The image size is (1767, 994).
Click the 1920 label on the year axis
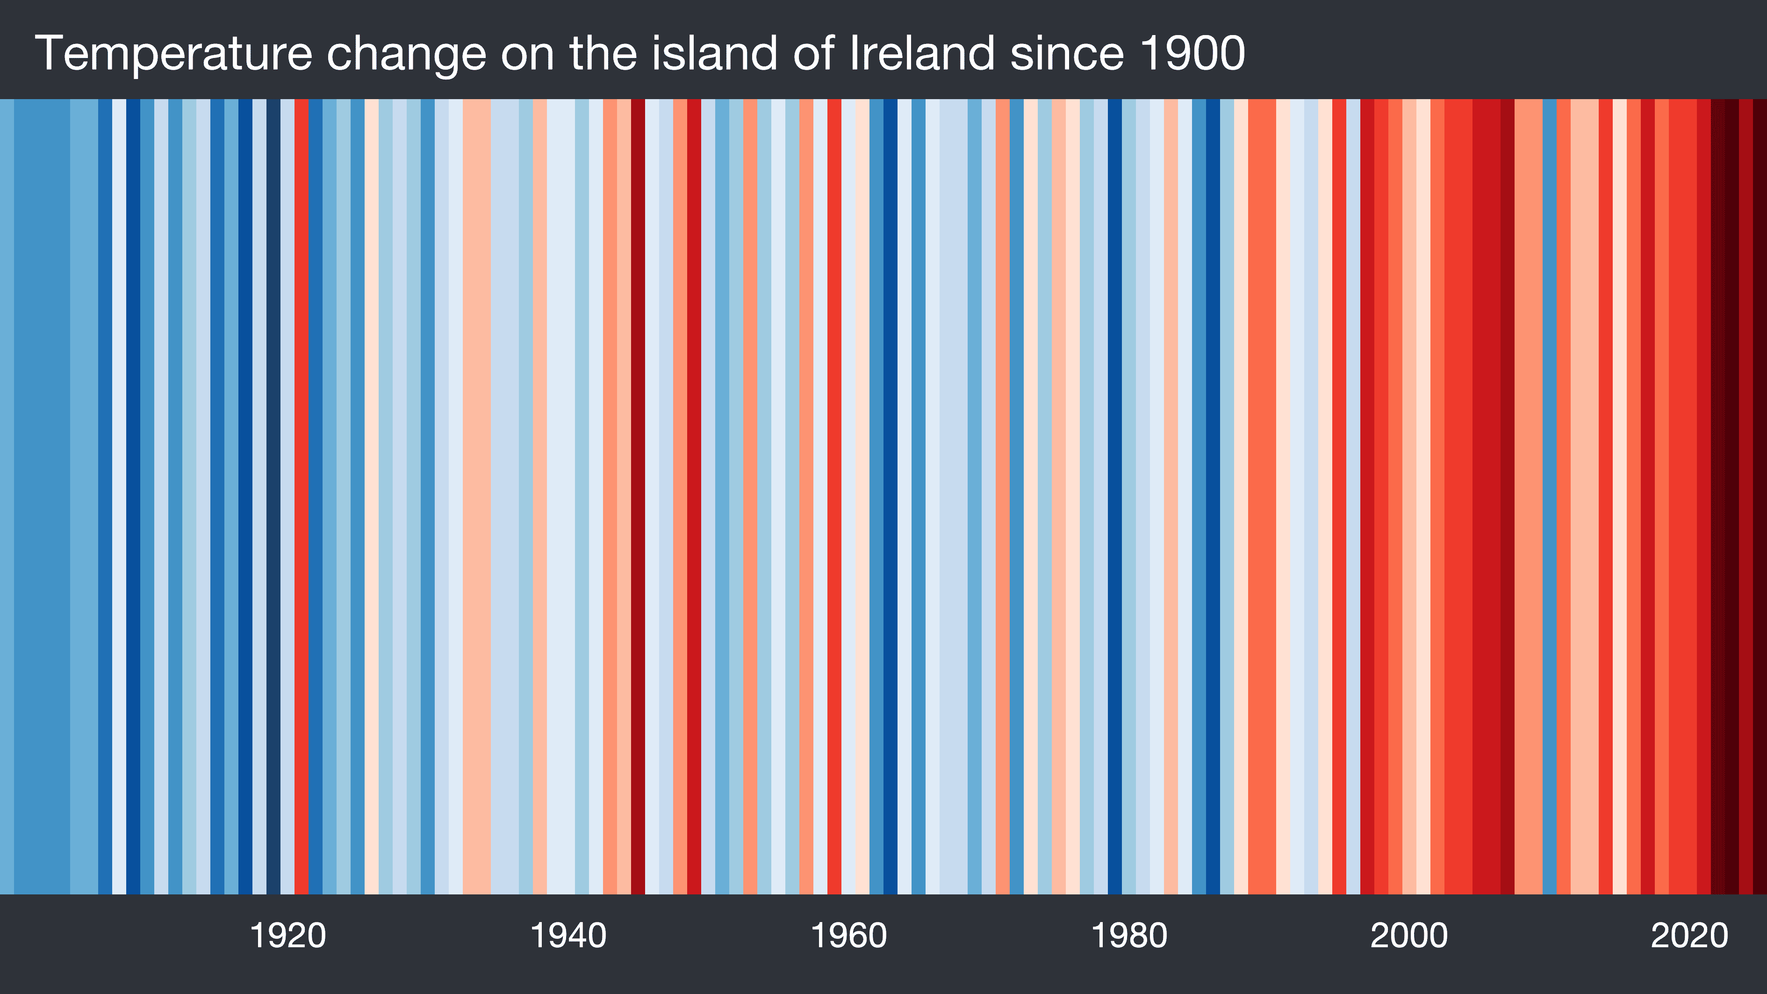[287, 936]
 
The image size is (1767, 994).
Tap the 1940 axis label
[568, 936]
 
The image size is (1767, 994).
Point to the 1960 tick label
[848, 936]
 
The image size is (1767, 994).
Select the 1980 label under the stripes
[1129, 936]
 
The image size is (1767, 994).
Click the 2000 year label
[1409, 936]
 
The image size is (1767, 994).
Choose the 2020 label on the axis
[1689, 936]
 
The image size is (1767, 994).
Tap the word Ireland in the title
[921, 53]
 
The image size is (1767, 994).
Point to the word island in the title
[713, 53]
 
